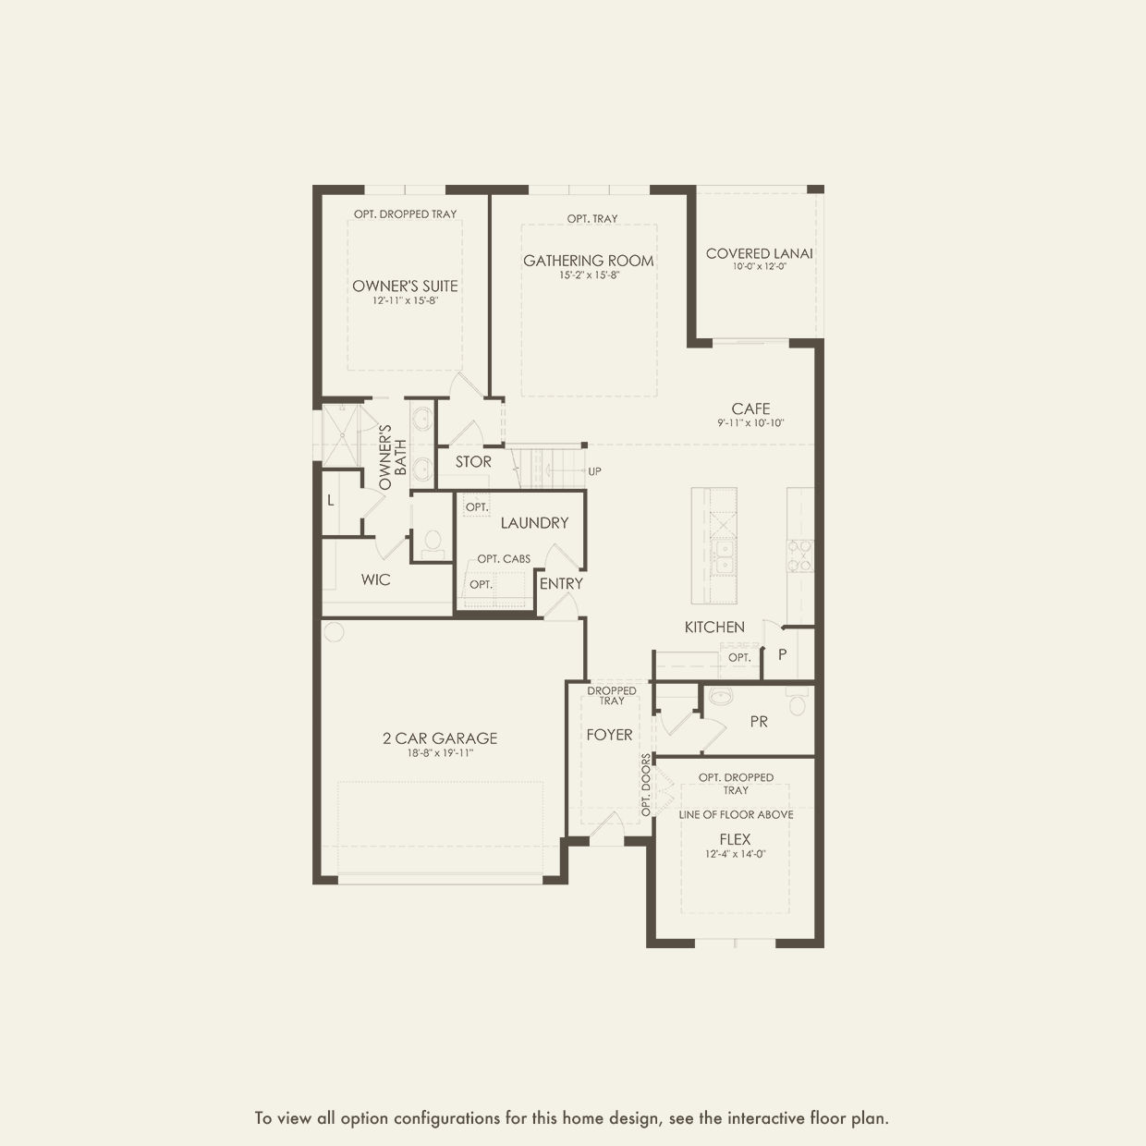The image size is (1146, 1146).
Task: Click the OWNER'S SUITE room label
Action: point(405,286)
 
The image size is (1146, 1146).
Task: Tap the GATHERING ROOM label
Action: point(588,261)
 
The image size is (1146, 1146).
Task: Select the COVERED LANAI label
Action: point(760,253)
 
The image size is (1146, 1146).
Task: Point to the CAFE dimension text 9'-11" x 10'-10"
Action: point(750,423)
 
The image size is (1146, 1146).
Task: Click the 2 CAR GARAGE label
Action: point(440,738)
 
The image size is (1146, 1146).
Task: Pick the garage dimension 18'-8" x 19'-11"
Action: point(440,753)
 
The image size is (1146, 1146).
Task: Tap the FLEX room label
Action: point(735,839)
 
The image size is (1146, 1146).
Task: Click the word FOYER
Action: point(610,735)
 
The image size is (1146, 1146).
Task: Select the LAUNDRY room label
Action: point(534,523)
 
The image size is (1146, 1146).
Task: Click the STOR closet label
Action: point(473,461)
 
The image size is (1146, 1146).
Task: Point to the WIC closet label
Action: point(376,579)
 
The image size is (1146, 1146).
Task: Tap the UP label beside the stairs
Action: point(594,471)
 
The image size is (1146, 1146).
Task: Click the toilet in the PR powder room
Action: point(797,702)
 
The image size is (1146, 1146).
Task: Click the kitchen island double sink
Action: point(724,558)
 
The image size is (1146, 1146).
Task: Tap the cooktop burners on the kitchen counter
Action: point(800,555)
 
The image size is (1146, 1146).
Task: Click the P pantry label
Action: point(783,654)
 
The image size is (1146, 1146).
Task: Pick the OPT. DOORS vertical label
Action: point(646,785)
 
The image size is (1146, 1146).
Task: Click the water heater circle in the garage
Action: point(335,631)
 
